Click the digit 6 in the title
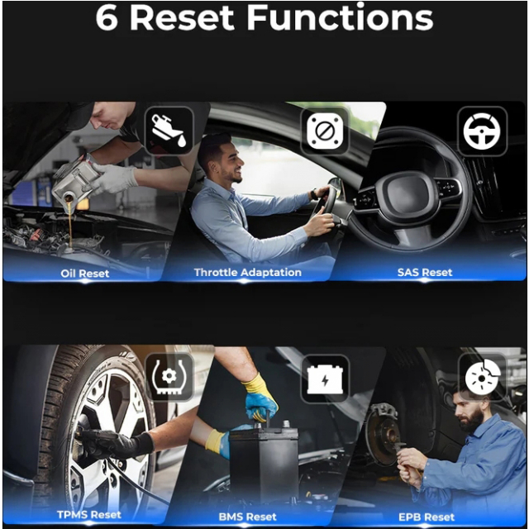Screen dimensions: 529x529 point(107,18)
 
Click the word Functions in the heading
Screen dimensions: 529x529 point(340,17)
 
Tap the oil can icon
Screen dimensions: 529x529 point(169,131)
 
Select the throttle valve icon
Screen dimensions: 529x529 point(325,131)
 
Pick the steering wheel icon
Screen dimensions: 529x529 point(482,131)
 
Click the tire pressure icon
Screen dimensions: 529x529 point(169,377)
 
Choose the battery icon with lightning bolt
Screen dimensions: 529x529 point(325,379)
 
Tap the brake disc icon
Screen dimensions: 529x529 point(483,377)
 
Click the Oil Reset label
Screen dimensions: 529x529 point(84,274)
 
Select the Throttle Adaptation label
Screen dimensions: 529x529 point(248,272)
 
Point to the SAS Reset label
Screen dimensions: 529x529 point(425,272)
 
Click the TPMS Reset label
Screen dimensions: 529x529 point(89,515)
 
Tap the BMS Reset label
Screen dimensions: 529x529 point(248,517)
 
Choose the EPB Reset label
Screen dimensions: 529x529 point(427,517)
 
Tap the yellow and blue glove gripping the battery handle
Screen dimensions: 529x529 point(260,398)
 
